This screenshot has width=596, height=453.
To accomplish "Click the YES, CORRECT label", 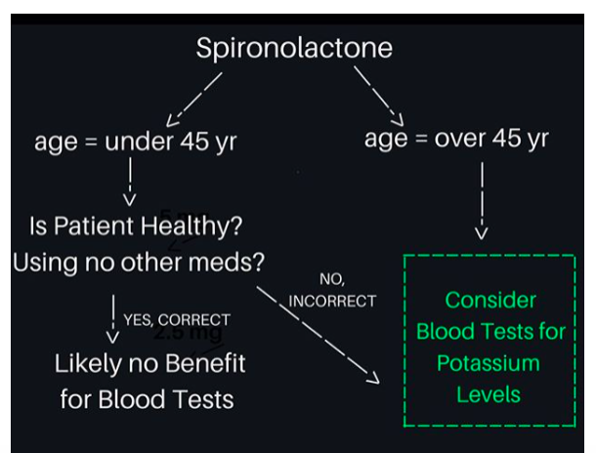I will tap(177, 319).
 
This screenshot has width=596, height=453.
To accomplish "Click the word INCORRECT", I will tap(332, 301).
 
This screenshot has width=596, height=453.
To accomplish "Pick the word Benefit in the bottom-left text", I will tap(197, 364).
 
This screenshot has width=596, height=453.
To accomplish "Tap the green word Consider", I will tap(490, 300).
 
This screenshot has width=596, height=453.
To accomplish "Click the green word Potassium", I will tap(490, 363).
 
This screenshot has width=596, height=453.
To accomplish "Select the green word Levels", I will tap(490, 395).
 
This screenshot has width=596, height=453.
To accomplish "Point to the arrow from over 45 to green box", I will tap(481, 200).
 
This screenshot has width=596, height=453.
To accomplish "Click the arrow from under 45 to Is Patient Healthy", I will tap(130, 183).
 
